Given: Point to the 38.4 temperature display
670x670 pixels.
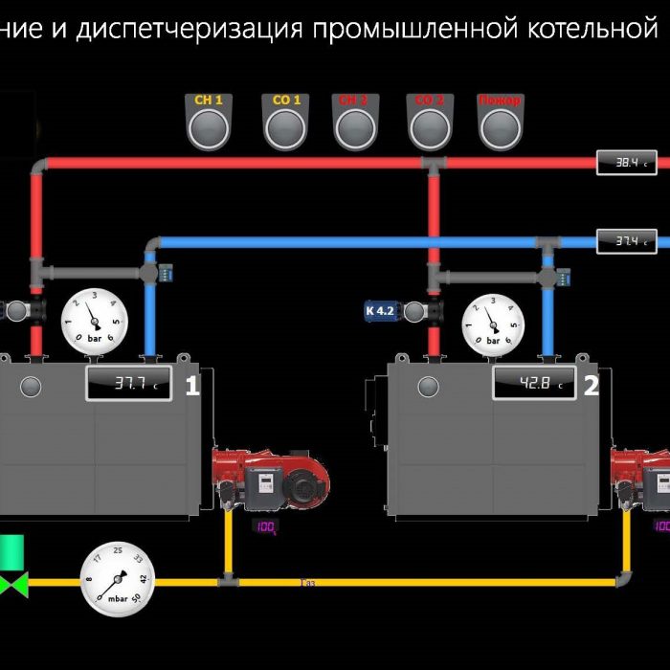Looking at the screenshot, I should pyautogui.click(x=627, y=163).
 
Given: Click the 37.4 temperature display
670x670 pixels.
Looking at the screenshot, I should pyautogui.click(x=627, y=241).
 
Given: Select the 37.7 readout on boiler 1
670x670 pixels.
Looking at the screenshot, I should pyautogui.click(x=130, y=384).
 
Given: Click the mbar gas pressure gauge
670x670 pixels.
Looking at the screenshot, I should pyautogui.click(x=118, y=579).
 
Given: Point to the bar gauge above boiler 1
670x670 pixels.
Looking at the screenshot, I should pyautogui.click(x=94, y=322).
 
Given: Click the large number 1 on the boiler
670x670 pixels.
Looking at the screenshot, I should pyautogui.click(x=192, y=386).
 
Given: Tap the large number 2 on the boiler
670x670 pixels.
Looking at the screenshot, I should pyautogui.click(x=592, y=386).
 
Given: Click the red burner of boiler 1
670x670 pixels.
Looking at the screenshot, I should pyautogui.click(x=273, y=479).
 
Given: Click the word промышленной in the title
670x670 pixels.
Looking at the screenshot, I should pyautogui.click(x=414, y=29).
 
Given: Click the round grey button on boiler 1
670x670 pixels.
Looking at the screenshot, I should pyautogui.click(x=32, y=387).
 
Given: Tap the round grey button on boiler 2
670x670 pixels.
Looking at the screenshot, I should pyautogui.click(x=428, y=387).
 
